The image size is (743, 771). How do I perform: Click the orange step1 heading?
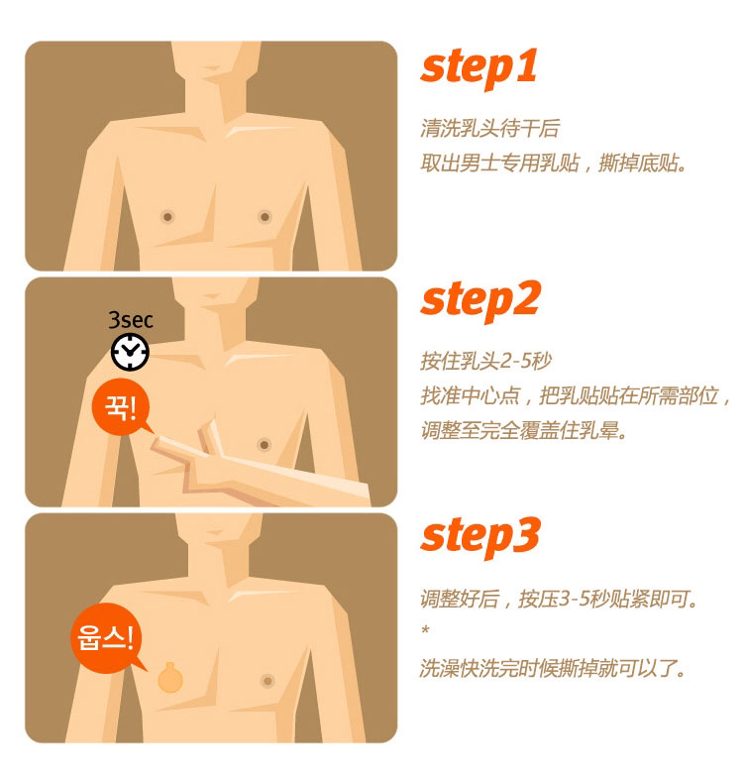point(478,68)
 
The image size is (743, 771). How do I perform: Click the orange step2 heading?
point(480,301)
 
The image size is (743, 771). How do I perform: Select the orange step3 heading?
point(480,537)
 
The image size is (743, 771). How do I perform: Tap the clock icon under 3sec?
point(130,352)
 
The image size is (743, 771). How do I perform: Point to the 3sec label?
point(131,320)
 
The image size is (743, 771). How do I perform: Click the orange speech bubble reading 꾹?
point(122,407)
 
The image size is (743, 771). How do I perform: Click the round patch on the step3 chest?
point(170,679)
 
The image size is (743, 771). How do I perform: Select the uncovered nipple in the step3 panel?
point(267,681)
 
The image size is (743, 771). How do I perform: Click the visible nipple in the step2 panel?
point(264,445)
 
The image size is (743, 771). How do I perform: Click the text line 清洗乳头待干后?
point(490,129)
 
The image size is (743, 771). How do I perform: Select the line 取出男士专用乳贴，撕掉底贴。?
point(554,163)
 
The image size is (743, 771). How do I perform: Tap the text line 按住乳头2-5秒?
point(486,361)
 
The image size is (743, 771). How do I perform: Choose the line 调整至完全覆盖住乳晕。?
point(524,430)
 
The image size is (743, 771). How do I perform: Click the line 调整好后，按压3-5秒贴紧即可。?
point(559,599)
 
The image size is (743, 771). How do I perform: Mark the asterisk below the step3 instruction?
point(426,629)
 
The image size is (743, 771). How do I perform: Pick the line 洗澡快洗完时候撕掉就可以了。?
point(553,668)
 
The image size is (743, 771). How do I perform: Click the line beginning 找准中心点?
point(575,395)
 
